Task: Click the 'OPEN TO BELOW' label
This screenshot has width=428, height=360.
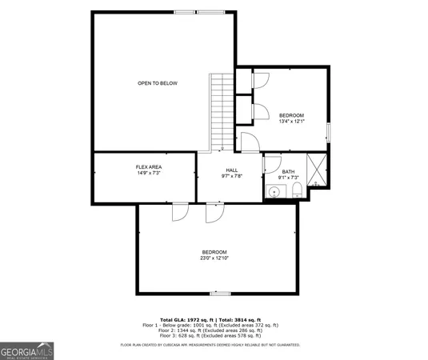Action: (157, 83)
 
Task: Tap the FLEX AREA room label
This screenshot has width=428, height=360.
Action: (149, 166)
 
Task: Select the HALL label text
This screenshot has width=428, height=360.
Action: (232, 170)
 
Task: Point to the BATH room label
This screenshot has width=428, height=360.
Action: (288, 171)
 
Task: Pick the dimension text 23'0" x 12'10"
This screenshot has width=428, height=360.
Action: (214, 258)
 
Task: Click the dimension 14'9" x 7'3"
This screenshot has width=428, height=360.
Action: (149, 173)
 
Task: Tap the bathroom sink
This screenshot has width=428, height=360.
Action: (276, 191)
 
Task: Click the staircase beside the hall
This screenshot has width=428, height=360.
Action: (221, 112)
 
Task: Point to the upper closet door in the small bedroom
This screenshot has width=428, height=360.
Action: (259, 80)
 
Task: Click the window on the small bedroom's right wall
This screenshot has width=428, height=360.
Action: (329, 133)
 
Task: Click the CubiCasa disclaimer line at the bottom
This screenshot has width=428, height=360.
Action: (210, 345)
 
